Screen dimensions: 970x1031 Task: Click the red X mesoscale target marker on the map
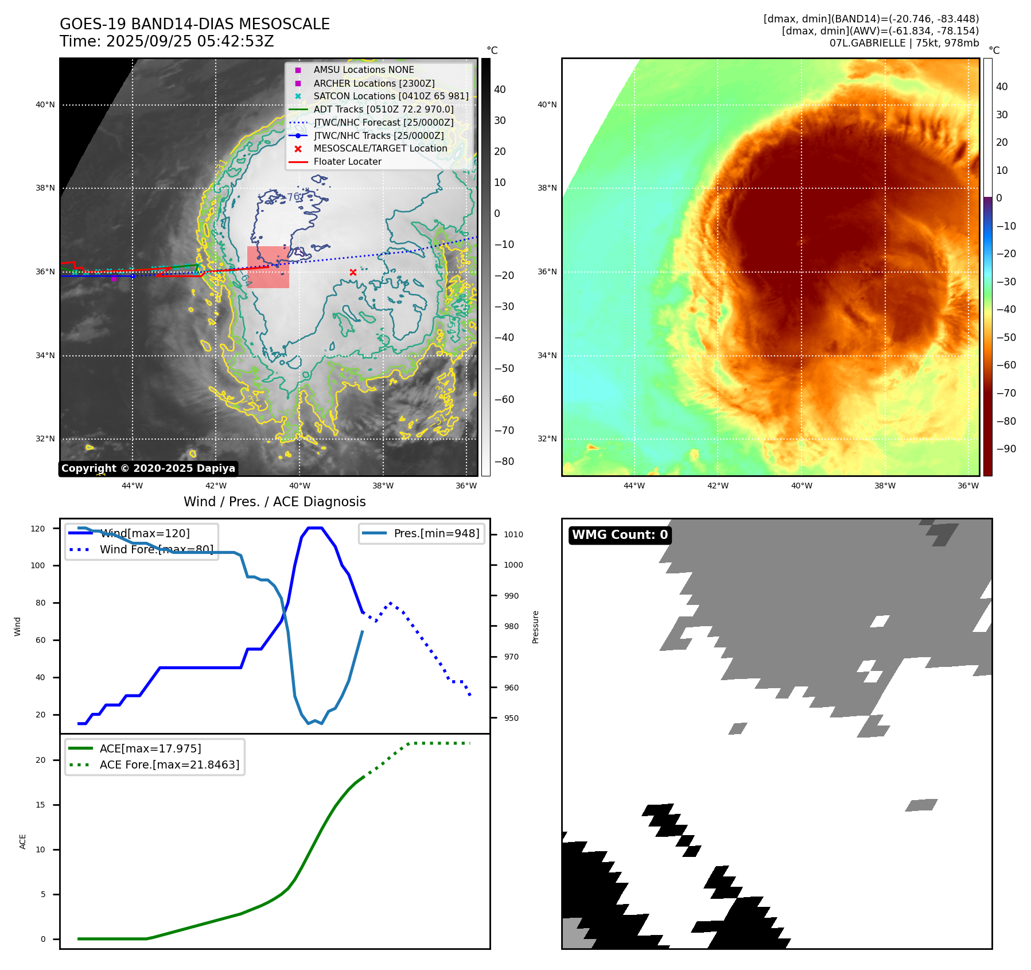point(353,272)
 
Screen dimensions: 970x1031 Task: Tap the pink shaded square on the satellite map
point(268,267)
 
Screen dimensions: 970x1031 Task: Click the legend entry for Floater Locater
point(347,162)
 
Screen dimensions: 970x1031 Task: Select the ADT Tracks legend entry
point(383,109)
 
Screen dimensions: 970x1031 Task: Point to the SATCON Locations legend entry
point(391,96)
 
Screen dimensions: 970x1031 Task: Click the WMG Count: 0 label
point(620,535)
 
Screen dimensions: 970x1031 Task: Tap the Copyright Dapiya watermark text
point(148,468)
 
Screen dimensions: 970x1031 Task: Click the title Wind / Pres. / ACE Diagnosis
point(274,502)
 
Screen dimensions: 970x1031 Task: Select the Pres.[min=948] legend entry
point(436,533)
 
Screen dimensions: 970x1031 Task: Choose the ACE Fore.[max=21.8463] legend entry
point(169,765)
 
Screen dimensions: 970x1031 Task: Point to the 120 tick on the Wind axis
point(38,529)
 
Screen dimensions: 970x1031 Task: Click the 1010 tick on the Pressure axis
point(513,534)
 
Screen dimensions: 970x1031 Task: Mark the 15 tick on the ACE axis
point(41,805)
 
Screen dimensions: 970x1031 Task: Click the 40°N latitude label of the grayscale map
point(45,105)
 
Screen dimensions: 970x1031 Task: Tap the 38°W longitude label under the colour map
point(885,486)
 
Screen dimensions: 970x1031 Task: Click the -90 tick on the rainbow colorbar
point(1006,449)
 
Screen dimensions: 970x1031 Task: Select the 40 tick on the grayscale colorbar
point(500,90)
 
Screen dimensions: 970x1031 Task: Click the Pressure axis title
point(535,627)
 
